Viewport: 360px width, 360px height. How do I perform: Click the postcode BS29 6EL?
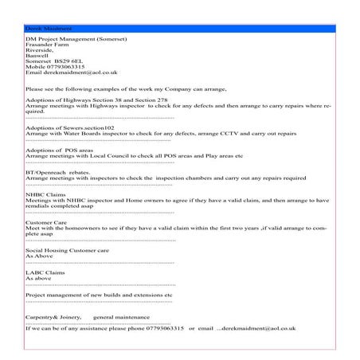tap(68, 61)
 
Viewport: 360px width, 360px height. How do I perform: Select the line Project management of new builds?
tap(99, 294)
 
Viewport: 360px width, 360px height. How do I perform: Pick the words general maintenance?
tap(121, 317)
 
